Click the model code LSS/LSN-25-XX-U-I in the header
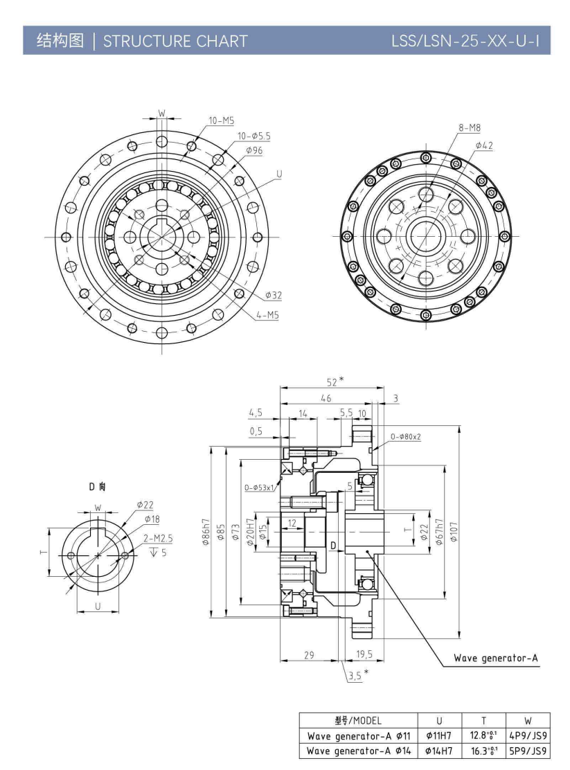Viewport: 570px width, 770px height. pos(465,41)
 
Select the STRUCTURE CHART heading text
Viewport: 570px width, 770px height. pos(175,41)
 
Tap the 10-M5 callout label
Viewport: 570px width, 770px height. pos(221,120)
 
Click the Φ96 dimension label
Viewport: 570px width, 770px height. pos(253,150)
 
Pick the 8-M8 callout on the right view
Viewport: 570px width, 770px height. pos(470,127)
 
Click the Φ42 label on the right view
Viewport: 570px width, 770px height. pos(484,145)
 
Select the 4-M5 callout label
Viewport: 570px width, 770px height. pos(267,314)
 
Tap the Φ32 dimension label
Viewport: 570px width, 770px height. pos(273,296)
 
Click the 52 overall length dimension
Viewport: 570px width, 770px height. pos(335,381)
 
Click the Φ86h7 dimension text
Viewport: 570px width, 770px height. pos(206,532)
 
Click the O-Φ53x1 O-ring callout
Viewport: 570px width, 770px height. pos(260,487)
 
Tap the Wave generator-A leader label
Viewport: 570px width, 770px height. pos(496,657)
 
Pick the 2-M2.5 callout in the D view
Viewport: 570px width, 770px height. pos(158,538)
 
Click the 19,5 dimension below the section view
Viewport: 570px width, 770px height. pos(364,654)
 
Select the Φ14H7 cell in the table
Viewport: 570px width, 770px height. pos(439,750)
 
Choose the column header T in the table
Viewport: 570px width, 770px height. pos(483,720)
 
